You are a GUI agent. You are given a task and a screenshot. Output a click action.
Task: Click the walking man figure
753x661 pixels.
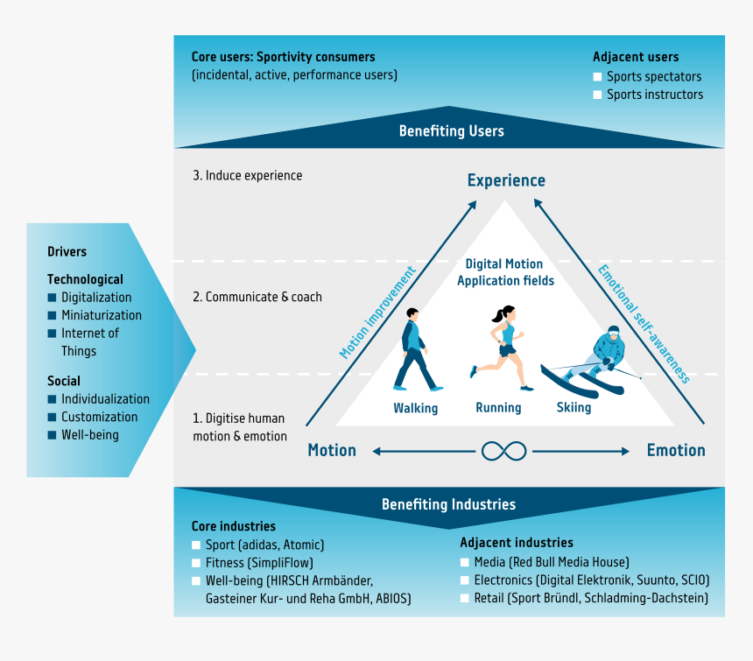[416, 355]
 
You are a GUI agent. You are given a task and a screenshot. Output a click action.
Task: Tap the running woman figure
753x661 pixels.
[500, 348]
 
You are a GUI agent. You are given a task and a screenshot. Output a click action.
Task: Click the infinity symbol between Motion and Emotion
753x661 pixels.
[503, 451]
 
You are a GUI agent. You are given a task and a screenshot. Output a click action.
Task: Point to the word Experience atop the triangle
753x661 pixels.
[506, 180]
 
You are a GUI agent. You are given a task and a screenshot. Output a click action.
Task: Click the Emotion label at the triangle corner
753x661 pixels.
[676, 450]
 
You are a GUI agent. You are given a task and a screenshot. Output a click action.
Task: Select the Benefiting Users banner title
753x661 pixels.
[451, 131]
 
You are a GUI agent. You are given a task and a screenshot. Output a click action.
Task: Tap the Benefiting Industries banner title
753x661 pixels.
[448, 504]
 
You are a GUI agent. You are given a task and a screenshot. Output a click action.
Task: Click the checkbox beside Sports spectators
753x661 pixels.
[597, 77]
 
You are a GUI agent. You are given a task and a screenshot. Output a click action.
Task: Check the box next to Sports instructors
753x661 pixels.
[597, 95]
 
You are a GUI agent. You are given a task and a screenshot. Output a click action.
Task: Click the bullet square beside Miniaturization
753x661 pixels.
[52, 315]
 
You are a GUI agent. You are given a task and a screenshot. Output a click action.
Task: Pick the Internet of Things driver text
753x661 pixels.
[89, 341]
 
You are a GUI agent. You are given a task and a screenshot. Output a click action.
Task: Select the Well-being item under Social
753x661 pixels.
[89, 434]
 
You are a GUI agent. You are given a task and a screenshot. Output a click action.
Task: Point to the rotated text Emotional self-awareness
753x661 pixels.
[644, 323]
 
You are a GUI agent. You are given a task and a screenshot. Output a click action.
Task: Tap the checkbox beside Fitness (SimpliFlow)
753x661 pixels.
[196, 563]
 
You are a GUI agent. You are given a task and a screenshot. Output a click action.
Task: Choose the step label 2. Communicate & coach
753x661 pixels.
[257, 297]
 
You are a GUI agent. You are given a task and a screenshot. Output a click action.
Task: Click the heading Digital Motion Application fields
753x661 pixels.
[504, 272]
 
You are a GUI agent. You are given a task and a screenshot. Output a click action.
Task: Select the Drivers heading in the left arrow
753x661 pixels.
[67, 251]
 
